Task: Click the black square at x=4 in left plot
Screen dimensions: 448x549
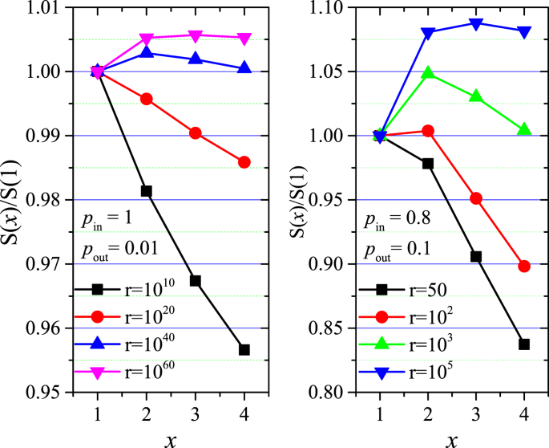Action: coord(244,350)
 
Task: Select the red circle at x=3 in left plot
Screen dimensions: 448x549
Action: coord(196,133)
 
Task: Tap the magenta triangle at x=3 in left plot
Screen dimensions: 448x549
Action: coord(196,35)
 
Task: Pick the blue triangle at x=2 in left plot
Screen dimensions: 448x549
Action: coord(147,52)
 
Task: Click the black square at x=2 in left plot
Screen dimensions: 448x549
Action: coord(147,191)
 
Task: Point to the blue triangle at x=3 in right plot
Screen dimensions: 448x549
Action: coord(476,24)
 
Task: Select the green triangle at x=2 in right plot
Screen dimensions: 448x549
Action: coord(428,73)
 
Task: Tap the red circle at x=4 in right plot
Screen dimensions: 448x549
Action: coord(524,267)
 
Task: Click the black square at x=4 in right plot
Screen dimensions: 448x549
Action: coord(524,344)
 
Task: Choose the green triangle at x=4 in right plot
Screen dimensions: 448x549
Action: coord(524,129)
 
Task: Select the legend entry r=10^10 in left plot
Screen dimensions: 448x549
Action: coord(123,288)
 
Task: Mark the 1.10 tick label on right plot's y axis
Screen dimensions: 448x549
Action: coord(330,8)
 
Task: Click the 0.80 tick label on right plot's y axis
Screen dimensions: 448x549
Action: coord(330,393)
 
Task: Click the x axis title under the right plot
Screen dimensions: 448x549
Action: coord(453,438)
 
